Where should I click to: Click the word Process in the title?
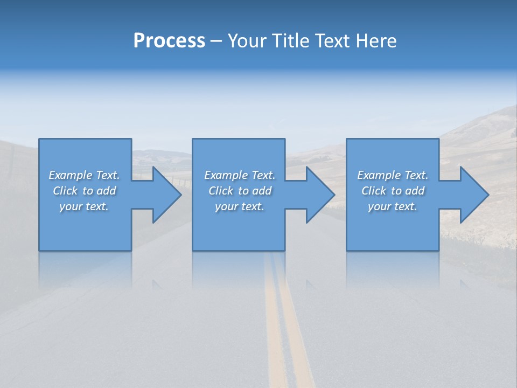click(x=169, y=41)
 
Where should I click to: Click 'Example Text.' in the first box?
click(x=84, y=175)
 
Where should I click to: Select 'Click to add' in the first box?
click(x=84, y=191)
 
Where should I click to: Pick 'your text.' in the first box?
click(x=84, y=206)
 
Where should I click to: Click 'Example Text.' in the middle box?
click(x=240, y=175)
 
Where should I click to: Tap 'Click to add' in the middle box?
click(x=240, y=191)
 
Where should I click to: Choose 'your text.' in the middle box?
click(x=240, y=206)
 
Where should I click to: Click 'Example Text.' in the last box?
click(x=393, y=175)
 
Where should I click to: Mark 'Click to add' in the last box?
click(x=393, y=191)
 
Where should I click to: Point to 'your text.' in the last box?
click(x=393, y=206)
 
